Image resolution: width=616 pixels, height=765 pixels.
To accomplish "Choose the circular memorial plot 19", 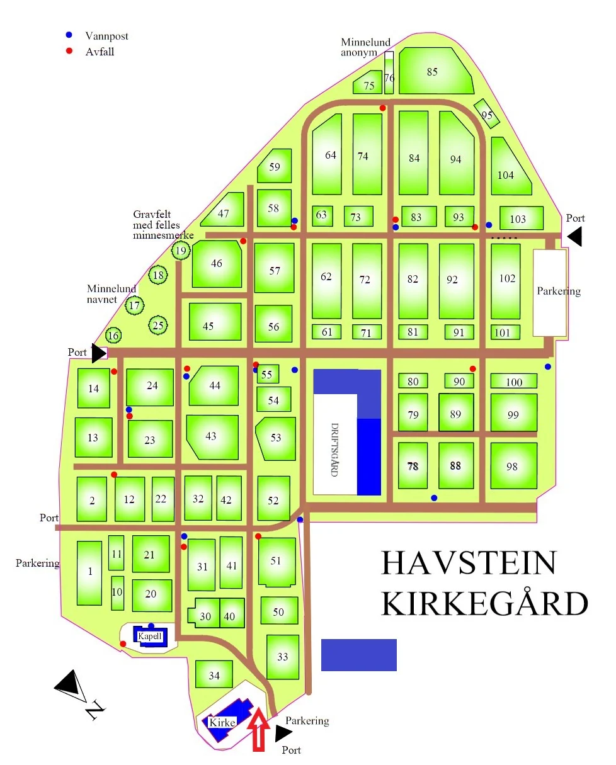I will pyautogui.click(x=181, y=251).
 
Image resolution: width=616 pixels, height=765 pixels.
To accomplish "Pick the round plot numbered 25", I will pyautogui.click(x=158, y=326).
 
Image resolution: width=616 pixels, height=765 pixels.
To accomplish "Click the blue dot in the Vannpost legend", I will pyautogui.click(x=69, y=35).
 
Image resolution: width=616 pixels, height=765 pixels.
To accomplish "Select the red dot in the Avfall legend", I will pyautogui.click(x=69, y=50).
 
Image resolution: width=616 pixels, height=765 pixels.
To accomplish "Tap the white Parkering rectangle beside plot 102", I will pyautogui.click(x=550, y=292).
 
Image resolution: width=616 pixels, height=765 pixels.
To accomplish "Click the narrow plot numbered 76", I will pyautogui.click(x=389, y=74).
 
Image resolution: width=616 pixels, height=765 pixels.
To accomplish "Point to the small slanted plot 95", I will pyautogui.click(x=486, y=114).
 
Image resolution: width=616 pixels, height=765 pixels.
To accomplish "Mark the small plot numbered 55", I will pyautogui.click(x=267, y=375).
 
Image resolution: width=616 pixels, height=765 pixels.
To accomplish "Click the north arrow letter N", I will pyautogui.click(x=94, y=710).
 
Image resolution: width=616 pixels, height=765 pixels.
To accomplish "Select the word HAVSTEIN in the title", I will pyautogui.click(x=469, y=563).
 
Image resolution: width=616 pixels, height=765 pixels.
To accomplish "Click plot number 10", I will pyautogui.click(x=117, y=592).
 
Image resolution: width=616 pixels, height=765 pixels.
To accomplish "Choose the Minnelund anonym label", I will pyautogui.click(x=366, y=47).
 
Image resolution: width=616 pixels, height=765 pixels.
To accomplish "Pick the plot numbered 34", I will pyautogui.click(x=214, y=675).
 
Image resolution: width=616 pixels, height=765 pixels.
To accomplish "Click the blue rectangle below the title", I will pyautogui.click(x=359, y=655).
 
